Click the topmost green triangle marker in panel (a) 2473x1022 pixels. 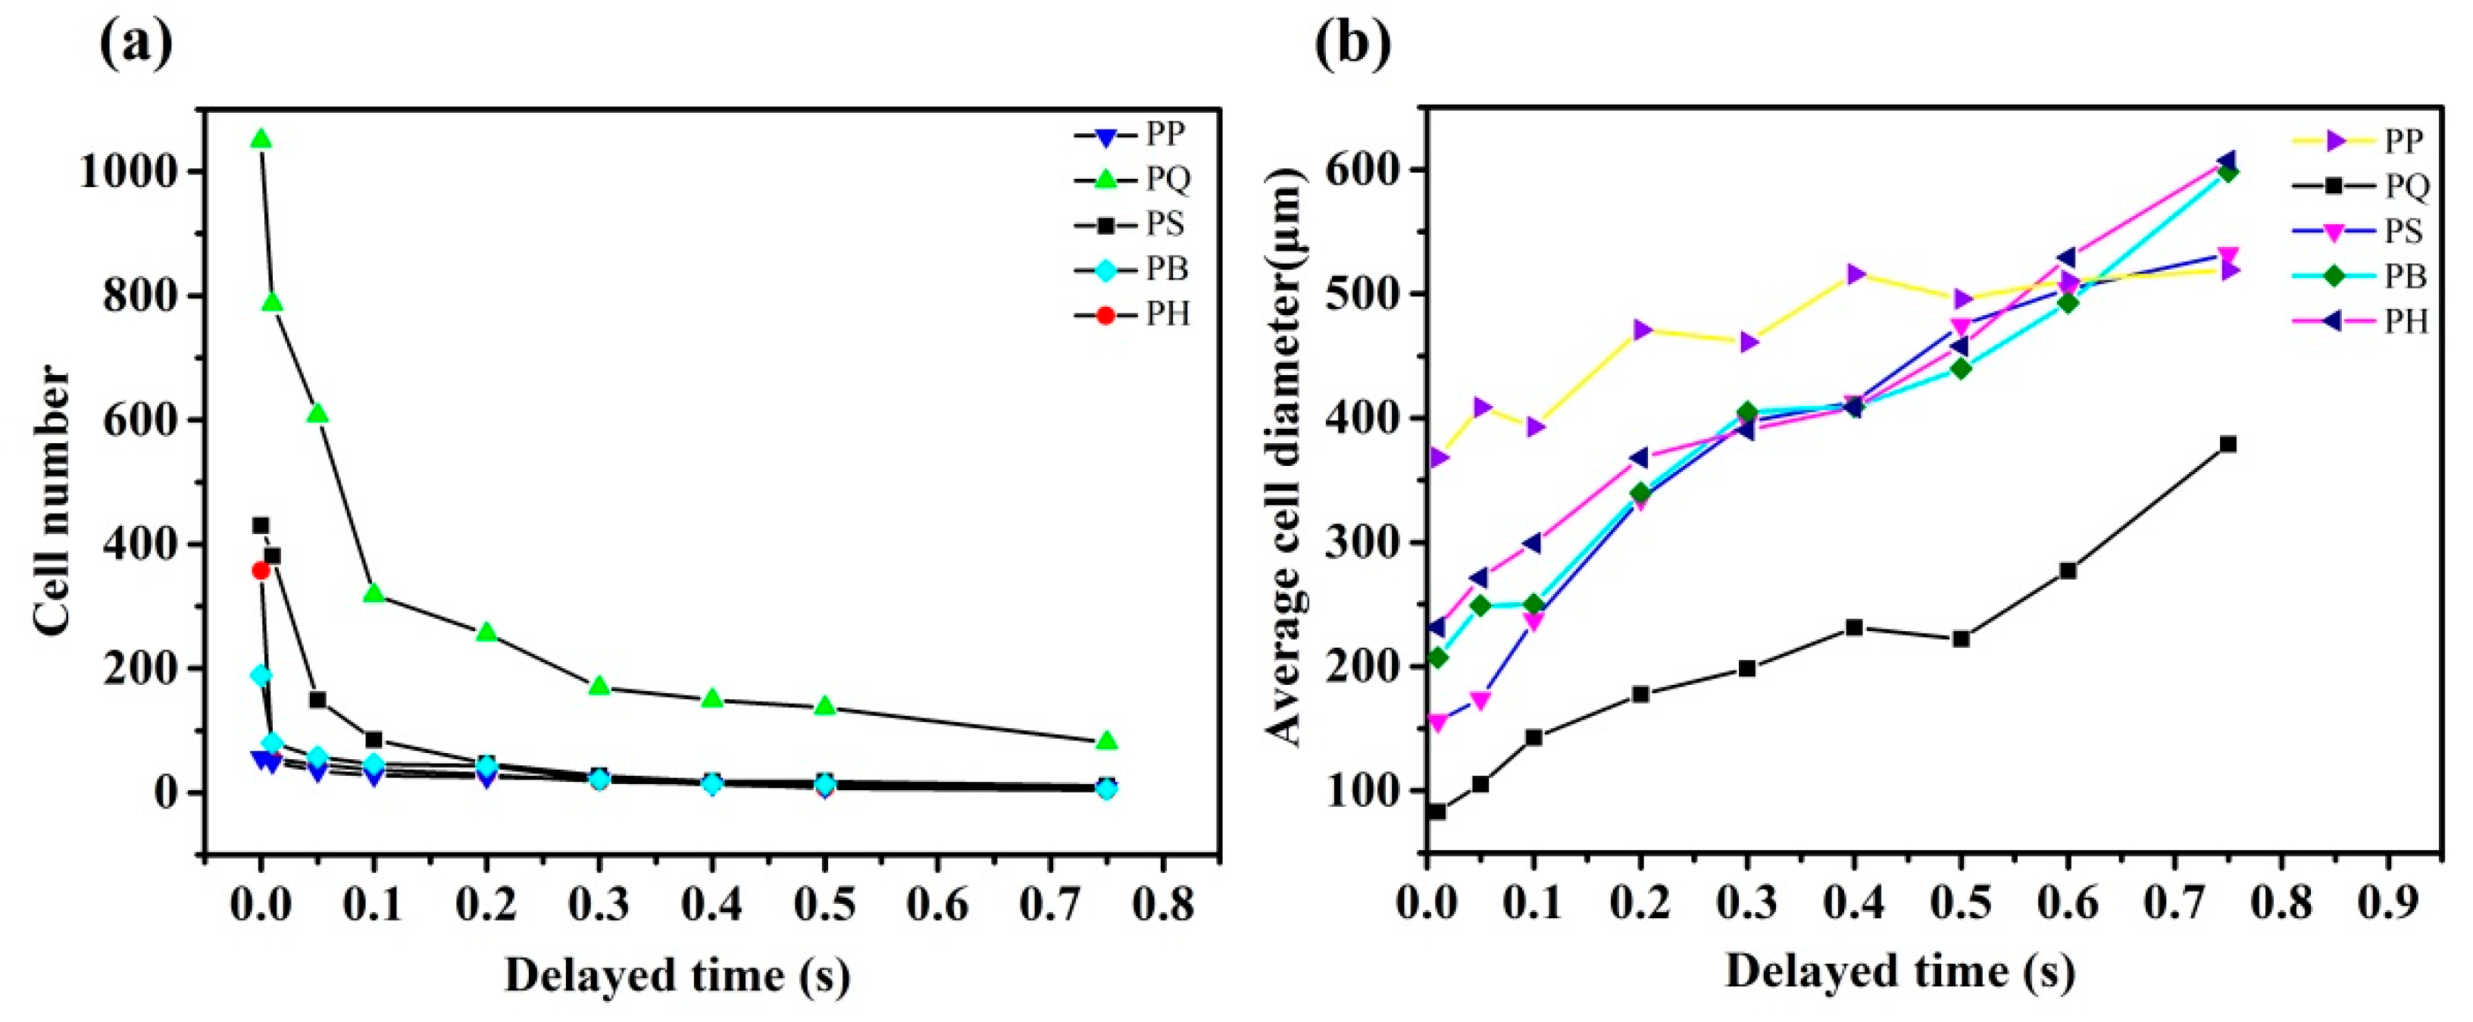tap(260, 140)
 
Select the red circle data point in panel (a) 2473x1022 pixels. tap(260, 570)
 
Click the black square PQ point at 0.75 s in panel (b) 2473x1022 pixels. tap(2228, 444)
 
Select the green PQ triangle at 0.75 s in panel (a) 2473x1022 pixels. tap(1106, 741)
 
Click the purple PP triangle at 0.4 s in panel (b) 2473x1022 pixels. tap(1855, 274)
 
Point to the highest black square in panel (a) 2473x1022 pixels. tap(260, 525)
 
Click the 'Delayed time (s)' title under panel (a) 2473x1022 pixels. tap(677, 976)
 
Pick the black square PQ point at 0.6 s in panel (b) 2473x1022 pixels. tap(2068, 571)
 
